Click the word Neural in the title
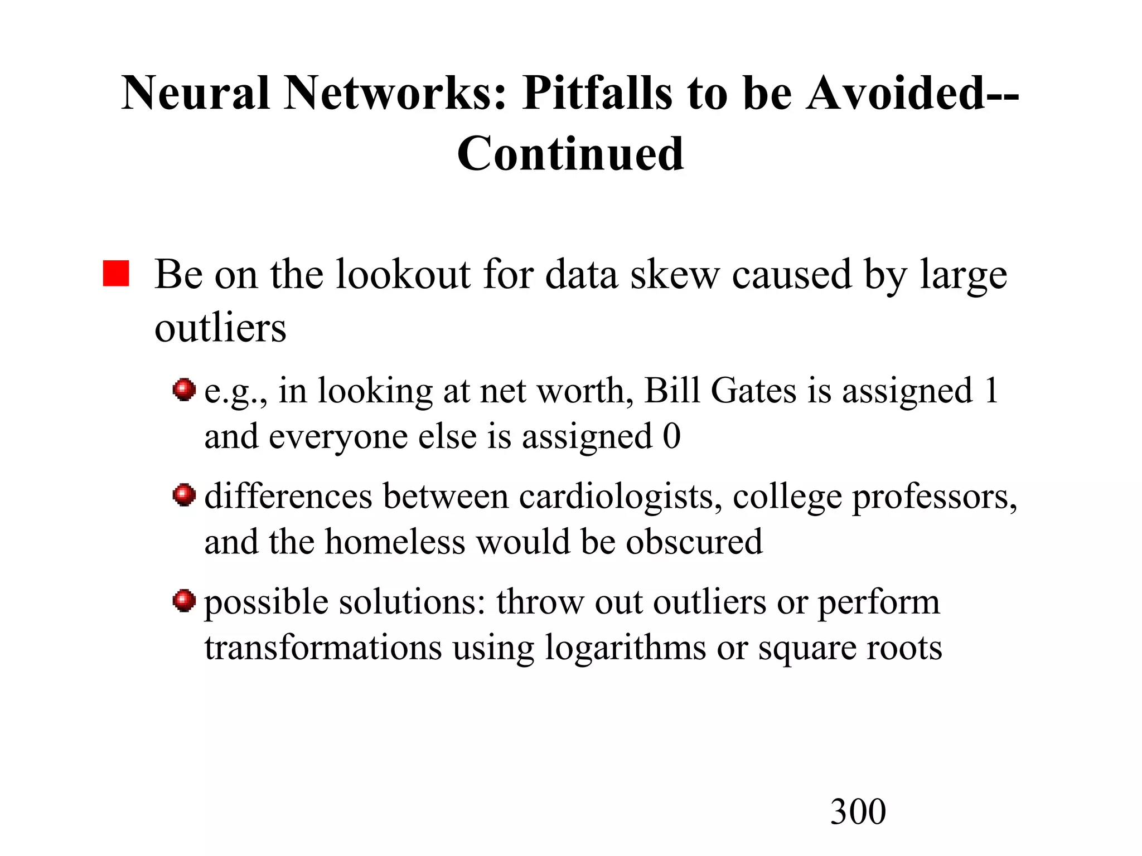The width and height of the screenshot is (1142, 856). [x=196, y=93]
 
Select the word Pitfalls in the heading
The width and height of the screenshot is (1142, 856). [x=597, y=93]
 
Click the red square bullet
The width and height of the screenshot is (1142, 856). [x=116, y=273]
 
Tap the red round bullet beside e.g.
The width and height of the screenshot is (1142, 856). [x=184, y=390]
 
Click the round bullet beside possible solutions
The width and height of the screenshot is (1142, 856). [x=184, y=601]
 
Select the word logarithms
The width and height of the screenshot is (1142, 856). [x=625, y=648]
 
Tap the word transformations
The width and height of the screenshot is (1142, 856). [x=323, y=648]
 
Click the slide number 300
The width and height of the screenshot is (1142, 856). [x=858, y=811]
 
